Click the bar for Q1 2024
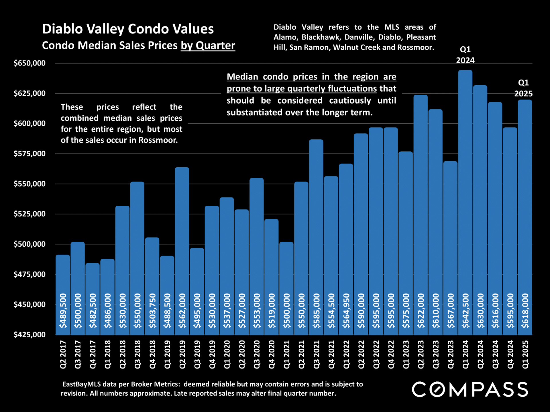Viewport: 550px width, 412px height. point(465,200)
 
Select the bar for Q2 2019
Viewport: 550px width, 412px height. point(182,249)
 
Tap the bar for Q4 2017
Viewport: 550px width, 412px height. point(93,298)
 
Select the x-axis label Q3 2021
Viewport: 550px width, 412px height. point(317,354)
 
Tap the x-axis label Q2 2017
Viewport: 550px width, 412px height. point(63,354)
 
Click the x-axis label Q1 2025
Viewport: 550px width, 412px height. point(525,354)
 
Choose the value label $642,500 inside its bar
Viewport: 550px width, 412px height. point(465,310)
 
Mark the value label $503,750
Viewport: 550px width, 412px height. point(152,310)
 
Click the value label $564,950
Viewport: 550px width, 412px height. point(346,310)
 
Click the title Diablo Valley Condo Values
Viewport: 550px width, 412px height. point(128,29)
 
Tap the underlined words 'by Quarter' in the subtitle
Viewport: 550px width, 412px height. point(208,45)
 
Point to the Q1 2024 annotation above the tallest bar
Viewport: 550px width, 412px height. point(465,55)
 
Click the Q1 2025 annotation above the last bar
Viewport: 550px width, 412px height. point(523,88)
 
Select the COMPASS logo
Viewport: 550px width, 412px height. point(470,389)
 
